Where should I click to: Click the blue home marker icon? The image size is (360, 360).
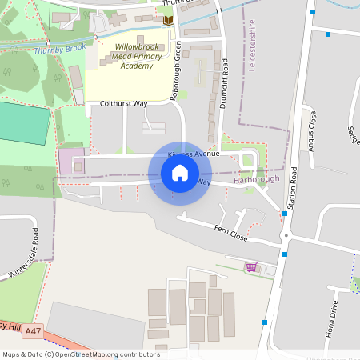pos(180,173)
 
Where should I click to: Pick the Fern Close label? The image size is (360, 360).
pos(231,234)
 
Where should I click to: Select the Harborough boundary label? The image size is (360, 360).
pos(256,179)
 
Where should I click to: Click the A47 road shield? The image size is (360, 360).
pos(33,330)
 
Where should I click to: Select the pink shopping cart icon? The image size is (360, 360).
pos(251,267)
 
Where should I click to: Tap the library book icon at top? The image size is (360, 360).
pos(168,19)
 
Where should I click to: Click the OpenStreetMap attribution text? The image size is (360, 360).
pos(81,354)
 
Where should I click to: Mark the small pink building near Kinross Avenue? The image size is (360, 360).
pos(70,160)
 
